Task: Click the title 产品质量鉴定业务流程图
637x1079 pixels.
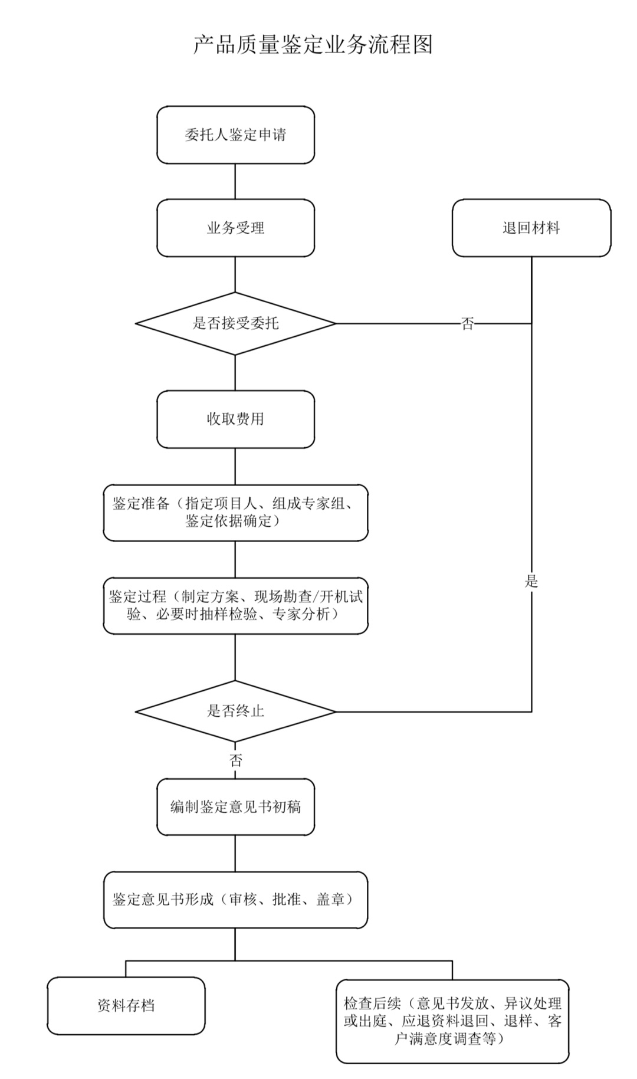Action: (313, 45)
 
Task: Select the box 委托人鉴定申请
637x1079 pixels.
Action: (235, 135)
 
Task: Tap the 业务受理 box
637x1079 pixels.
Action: (235, 228)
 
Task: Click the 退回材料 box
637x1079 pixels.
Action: (531, 228)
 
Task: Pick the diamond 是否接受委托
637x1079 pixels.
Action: (235, 323)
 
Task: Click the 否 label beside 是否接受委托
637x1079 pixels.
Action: (467, 323)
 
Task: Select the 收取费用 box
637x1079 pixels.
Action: (235, 419)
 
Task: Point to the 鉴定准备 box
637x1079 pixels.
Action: (235, 512)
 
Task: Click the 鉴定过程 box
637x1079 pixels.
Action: (235, 605)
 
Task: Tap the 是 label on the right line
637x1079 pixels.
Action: (531, 581)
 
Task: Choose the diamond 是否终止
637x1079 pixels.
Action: (235, 711)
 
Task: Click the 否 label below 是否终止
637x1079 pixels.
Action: (235, 760)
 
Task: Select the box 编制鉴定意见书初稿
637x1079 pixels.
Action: (235, 806)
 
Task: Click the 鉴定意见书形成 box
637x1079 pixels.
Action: (235, 900)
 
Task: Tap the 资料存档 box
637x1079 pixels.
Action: (126, 1005)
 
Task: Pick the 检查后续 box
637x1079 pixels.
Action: (452, 1021)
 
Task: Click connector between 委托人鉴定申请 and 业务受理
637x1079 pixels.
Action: (235, 181)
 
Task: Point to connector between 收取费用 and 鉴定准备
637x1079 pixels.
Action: (235, 466)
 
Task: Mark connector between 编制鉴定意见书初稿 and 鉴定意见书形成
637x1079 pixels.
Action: (235, 853)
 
